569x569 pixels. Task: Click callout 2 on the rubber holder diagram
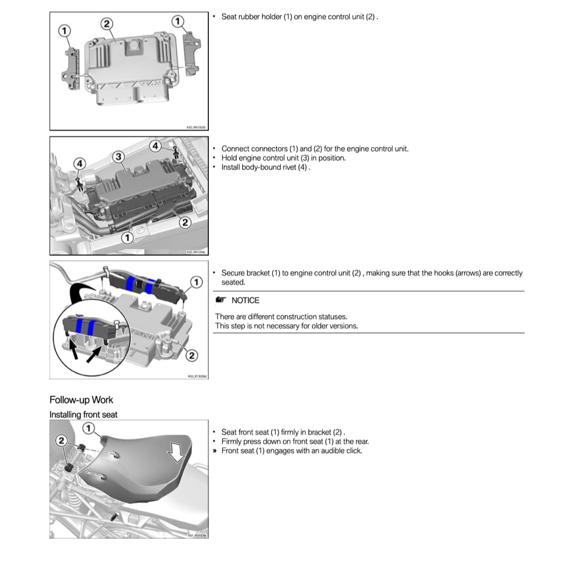pos(107,23)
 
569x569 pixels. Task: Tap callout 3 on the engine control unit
pos(118,157)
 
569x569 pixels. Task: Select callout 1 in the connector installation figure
pos(127,237)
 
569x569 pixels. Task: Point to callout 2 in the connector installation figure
pos(185,222)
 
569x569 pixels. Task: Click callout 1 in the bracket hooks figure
pos(196,282)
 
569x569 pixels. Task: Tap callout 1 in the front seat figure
pos(89,428)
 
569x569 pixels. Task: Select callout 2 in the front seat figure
pos(62,441)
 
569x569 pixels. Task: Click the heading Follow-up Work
pos(81,400)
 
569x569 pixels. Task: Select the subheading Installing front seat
pos(83,415)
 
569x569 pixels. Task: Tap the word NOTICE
pos(245,301)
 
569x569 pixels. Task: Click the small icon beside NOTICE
pos(221,301)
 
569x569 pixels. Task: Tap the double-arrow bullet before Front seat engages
pos(214,451)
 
